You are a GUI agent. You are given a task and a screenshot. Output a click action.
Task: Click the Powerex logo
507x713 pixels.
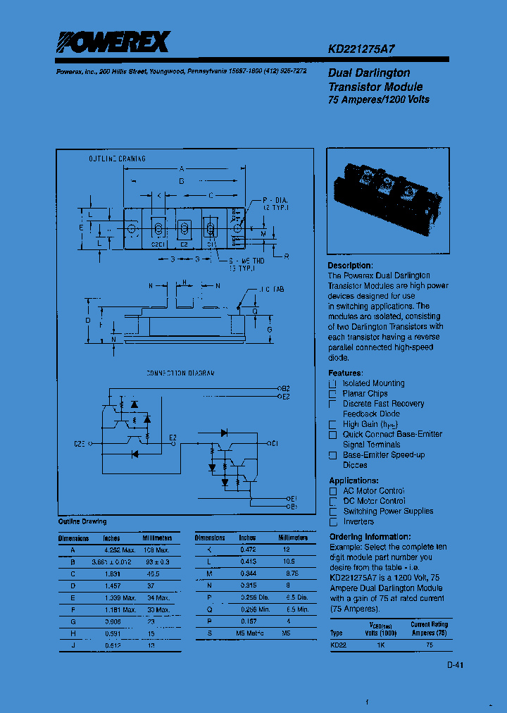113,44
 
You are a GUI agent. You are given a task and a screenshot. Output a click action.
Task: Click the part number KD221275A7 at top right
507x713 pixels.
361,50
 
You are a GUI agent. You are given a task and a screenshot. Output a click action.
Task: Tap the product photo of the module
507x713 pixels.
388,201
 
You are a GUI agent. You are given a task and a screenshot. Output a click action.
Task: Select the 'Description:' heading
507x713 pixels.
350,266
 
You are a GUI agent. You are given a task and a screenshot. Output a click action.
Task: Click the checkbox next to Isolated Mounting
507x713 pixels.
332,383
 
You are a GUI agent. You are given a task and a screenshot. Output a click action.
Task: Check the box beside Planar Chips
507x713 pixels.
332,394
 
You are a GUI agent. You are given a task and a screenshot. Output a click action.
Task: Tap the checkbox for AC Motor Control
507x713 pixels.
333,491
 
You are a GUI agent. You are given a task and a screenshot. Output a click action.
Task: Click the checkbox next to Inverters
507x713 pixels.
333,522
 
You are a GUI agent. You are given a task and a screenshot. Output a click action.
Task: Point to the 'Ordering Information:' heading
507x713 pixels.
370,537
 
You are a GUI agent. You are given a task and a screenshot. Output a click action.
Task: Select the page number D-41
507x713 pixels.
455,664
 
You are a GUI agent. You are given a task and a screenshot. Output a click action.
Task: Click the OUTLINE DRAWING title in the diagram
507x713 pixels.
117,159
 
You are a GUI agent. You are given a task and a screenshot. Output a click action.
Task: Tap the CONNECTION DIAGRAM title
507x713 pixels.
180,373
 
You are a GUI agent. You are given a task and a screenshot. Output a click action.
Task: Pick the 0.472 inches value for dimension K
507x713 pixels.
247,550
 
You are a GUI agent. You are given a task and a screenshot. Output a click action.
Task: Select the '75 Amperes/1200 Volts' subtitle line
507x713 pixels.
378,99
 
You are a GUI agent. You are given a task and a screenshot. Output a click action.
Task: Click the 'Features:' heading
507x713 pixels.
346,373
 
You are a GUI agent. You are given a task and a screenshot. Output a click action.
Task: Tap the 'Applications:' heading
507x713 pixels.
353,480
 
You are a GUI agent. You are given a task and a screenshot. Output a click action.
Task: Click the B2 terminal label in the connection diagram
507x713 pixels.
286,388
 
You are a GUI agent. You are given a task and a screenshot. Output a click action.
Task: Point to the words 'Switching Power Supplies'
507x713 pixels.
388,512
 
